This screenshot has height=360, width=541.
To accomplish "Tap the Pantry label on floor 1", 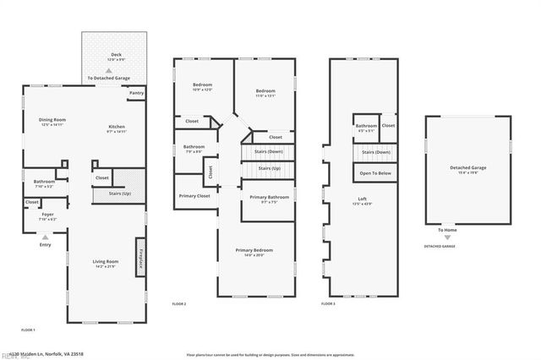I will pyautogui.click(x=137, y=93).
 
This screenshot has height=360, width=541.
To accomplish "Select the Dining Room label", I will pyautogui.click(x=52, y=120).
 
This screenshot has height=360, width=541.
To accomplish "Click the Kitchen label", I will pyautogui.click(x=116, y=127).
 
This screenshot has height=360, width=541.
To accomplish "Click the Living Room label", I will pyautogui.click(x=105, y=262).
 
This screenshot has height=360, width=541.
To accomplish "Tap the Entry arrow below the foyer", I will pyautogui.click(x=45, y=238).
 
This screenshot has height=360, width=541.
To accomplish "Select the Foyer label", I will pyautogui.click(x=48, y=215).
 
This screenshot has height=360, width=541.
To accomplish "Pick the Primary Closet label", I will pyautogui.click(x=194, y=196).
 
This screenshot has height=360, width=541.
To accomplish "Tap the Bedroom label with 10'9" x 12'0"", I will pyautogui.click(x=202, y=85).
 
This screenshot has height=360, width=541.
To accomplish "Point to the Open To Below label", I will pyautogui.click(x=375, y=172).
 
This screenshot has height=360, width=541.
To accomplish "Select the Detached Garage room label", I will pyautogui.click(x=467, y=167).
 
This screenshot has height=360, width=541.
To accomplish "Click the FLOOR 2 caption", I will pyautogui.click(x=178, y=303).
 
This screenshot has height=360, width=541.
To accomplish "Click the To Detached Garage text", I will pyautogui.click(x=108, y=79).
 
